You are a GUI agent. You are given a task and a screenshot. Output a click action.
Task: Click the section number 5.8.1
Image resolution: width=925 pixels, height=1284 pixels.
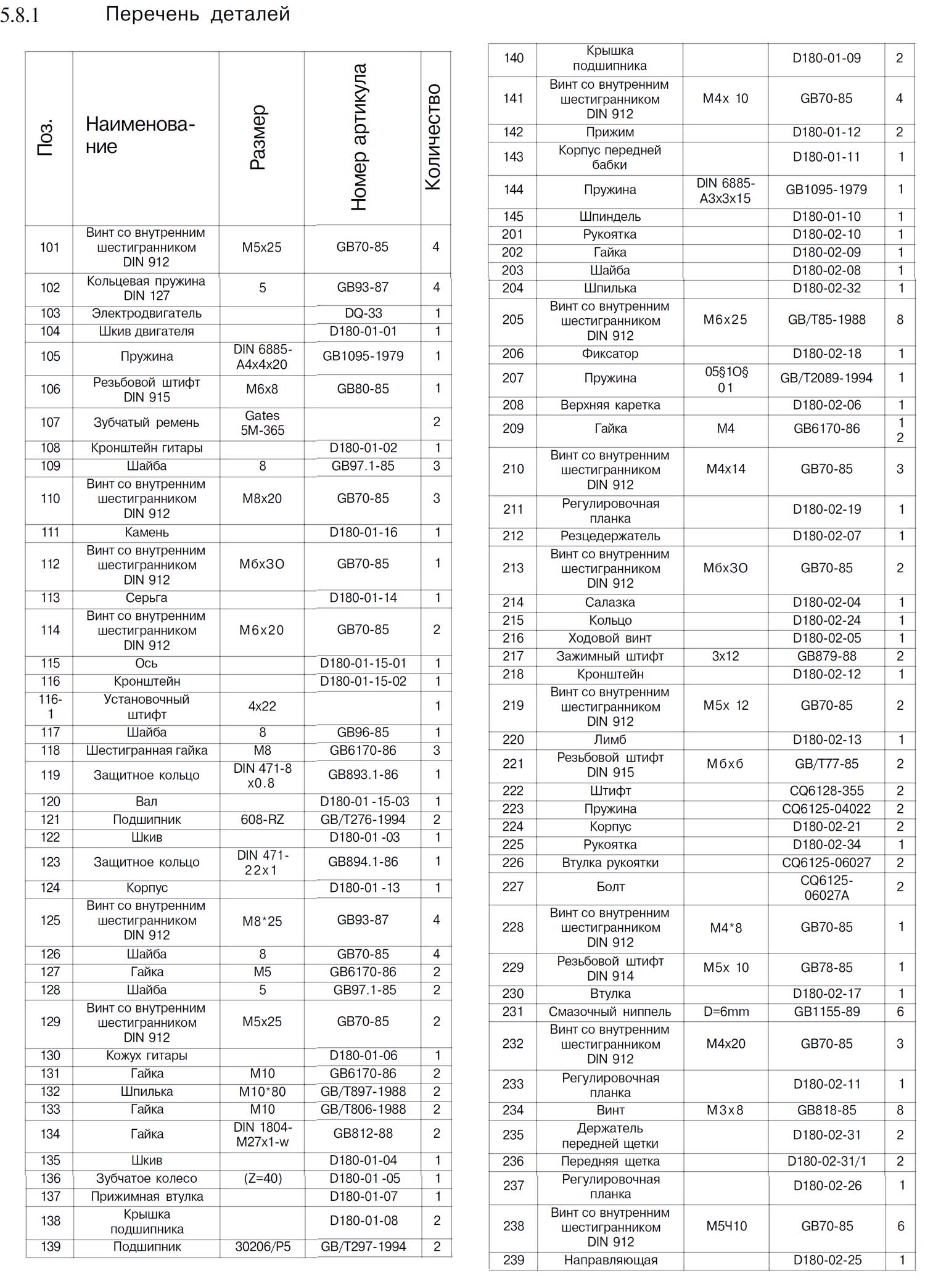click(x=20, y=15)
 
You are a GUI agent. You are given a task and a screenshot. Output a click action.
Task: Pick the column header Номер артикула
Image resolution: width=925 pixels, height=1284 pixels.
click(x=359, y=137)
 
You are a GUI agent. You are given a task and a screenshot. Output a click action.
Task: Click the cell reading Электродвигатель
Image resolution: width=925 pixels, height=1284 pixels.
click(x=146, y=313)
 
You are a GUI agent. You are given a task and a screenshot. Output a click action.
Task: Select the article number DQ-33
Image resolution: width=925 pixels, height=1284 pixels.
click(x=363, y=313)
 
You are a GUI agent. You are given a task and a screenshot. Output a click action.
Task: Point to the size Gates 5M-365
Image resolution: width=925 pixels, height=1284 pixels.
click(x=262, y=422)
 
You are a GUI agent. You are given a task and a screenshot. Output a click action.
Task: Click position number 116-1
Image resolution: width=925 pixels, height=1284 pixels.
click(x=50, y=707)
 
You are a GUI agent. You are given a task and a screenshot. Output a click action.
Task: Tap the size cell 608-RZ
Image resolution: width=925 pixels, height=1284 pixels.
click(x=262, y=820)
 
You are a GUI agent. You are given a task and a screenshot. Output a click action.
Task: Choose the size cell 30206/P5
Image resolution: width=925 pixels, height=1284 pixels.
click(x=262, y=1247)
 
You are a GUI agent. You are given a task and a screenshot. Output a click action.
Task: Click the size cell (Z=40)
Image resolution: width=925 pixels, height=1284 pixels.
click(x=262, y=1179)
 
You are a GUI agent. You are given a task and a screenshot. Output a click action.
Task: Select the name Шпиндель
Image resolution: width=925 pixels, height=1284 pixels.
click(x=610, y=216)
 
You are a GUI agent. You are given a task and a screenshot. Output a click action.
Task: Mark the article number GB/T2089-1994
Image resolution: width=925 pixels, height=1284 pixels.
click(x=826, y=378)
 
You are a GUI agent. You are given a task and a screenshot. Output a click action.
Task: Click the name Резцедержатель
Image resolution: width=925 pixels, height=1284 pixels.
click(x=610, y=536)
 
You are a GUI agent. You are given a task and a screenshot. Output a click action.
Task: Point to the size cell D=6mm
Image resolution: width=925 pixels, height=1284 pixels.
click(x=726, y=1012)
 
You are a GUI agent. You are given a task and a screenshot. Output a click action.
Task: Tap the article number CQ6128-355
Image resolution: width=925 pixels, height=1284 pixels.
click(x=826, y=791)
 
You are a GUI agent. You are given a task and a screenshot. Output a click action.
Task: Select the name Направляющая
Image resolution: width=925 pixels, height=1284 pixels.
click(x=610, y=1261)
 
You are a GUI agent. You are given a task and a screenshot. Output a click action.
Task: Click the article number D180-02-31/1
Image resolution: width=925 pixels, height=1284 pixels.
click(x=826, y=1161)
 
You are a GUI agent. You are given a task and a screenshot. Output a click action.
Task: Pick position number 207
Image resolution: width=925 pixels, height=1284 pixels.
click(x=513, y=378)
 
